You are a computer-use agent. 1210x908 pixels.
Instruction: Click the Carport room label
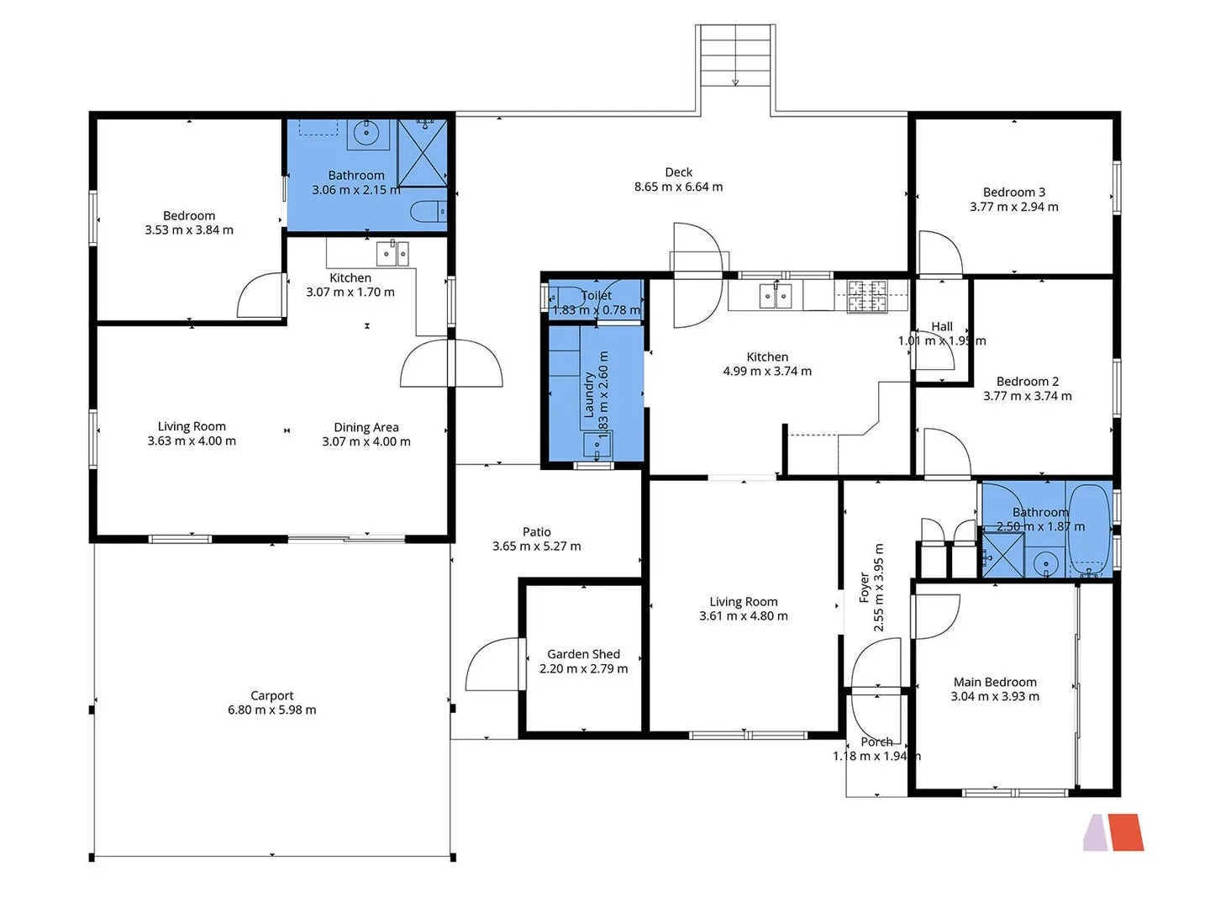click(271, 695)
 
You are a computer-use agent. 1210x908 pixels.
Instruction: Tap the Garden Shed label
click(583, 654)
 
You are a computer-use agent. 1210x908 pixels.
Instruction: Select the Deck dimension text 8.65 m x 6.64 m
click(678, 187)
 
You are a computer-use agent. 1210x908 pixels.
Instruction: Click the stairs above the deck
click(735, 55)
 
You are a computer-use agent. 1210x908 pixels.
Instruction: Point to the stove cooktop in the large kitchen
click(866, 296)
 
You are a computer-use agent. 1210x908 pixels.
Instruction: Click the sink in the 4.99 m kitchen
click(775, 296)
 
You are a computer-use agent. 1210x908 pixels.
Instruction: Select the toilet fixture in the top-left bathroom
click(429, 212)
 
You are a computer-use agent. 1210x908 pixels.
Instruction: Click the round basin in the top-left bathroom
click(367, 133)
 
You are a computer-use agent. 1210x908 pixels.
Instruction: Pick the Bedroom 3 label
click(1013, 192)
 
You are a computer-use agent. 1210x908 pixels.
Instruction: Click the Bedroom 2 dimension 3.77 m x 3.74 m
click(1027, 396)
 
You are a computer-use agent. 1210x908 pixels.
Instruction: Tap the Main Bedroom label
click(995, 682)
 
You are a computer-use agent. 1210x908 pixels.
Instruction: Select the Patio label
click(536, 531)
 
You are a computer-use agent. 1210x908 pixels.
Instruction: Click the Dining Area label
click(366, 427)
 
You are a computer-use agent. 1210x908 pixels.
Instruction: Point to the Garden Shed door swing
click(492, 666)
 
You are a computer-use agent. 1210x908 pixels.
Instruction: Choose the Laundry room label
click(589, 395)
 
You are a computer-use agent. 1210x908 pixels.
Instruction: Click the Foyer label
click(864, 588)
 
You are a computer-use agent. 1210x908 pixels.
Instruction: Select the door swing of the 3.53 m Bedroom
click(262, 296)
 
